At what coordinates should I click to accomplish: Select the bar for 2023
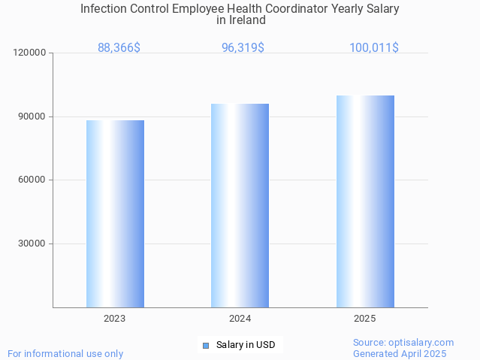tap(115, 213)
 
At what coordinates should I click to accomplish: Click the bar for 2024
tap(240, 205)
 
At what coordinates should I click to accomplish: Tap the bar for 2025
tap(365, 201)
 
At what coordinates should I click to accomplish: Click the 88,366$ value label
tap(119, 47)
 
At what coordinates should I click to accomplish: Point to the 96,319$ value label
tap(243, 47)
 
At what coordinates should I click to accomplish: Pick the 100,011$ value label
tap(373, 47)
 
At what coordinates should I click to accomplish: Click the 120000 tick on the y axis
tap(31, 53)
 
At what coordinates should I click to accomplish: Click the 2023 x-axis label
tap(115, 319)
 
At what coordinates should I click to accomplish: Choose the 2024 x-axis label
tap(240, 319)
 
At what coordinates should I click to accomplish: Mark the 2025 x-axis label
tap(365, 319)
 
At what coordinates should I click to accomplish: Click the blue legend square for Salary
tap(205, 346)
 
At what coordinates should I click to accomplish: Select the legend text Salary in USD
tap(246, 345)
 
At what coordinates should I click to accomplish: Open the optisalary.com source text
tap(403, 342)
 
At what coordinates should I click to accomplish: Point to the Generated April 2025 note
tap(400, 353)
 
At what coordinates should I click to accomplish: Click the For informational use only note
tap(65, 353)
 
